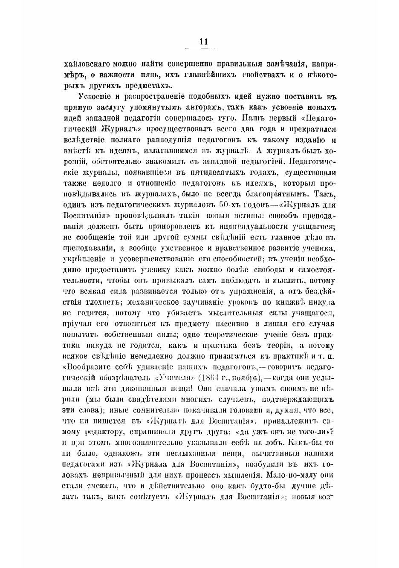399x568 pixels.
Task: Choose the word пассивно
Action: click(x=228, y=324)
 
